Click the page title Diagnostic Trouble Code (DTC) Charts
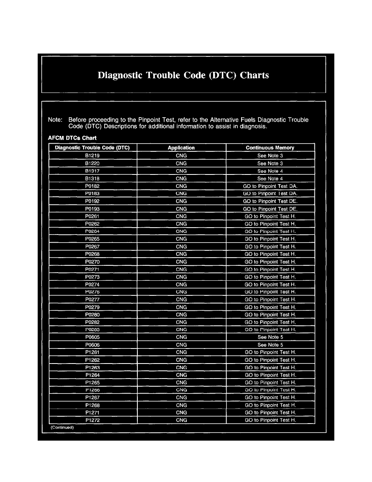point(184,75)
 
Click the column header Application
point(181,148)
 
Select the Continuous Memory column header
point(270,148)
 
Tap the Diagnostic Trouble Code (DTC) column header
point(92,148)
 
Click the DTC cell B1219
point(92,156)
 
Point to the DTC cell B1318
point(92,179)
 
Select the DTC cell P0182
point(92,186)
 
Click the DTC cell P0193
point(92,209)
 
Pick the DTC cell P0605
point(92,337)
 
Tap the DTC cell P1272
point(92,420)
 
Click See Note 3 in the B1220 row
point(270,164)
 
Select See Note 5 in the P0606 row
point(270,345)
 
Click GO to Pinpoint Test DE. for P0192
point(270,201)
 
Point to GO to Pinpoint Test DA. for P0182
point(270,186)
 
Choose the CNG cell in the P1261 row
point(181,352)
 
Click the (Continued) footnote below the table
point(62,428)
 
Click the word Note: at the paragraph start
point(55,120)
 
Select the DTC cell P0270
point(92,262)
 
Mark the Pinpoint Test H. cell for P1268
point(270,405)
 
